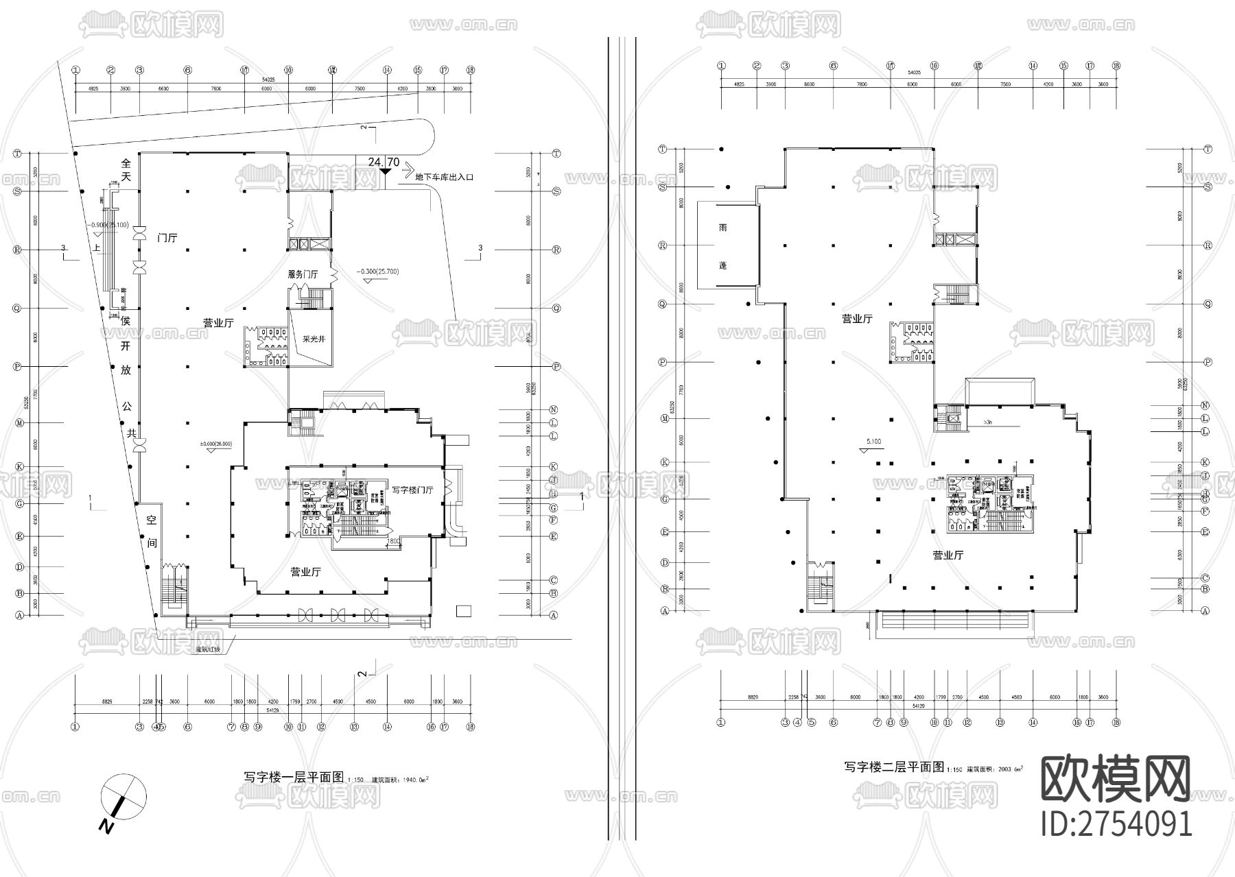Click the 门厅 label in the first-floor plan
(167, 238)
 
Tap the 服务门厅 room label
(303, 274)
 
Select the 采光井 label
(313, 338)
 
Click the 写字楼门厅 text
(412, 490)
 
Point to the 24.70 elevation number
(384, 163)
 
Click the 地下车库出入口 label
(445, 177)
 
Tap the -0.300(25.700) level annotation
(377, 272)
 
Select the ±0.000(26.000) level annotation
(215, 444)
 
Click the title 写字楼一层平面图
(294, 778)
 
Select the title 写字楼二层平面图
(894, 767)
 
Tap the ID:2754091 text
(1116, 824)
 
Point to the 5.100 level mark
(873, 442)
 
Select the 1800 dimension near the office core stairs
(392, 542)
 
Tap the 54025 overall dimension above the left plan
(268, 80)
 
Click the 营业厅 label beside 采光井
(218, 322)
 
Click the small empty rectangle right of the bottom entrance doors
(464, 610)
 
